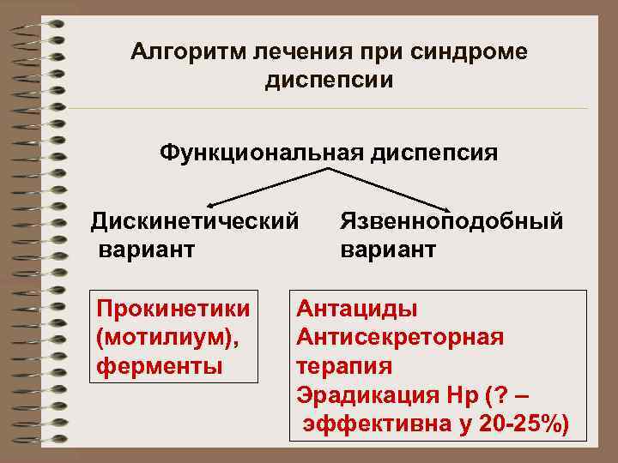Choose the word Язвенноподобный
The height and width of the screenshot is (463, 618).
451,221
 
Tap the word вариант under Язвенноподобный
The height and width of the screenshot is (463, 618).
388,250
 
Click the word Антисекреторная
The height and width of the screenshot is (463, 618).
400,337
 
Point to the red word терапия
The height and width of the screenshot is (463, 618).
344,366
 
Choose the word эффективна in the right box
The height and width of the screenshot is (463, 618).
372,424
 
